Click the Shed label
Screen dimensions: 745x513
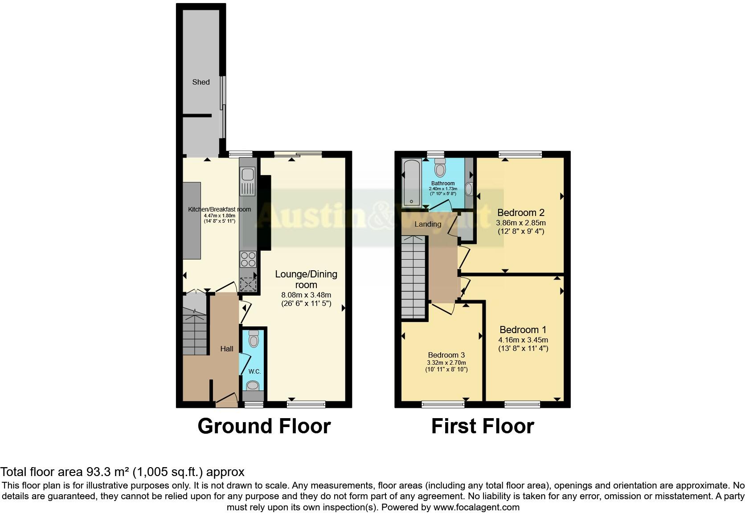[201, 82]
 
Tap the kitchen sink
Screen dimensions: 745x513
[248, 181]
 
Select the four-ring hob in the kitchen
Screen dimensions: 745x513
[248, 259]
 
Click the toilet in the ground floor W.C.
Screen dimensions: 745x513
[254, 340]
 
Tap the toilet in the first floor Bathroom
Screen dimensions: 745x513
[440, 168]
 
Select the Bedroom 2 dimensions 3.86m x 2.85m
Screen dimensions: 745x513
[520, 223]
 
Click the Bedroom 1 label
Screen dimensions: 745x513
[523, 330]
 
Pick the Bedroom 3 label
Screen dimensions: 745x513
[446, 355]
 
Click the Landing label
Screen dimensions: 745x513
[428, 224]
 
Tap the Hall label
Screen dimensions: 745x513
[226, 349]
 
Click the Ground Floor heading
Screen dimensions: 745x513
[264, 426]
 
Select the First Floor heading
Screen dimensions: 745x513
[483, 426]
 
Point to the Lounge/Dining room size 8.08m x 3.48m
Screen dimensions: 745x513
[306, 295]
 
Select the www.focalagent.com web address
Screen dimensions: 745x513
[476, 507]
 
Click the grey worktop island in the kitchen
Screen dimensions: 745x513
[192, 220]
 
